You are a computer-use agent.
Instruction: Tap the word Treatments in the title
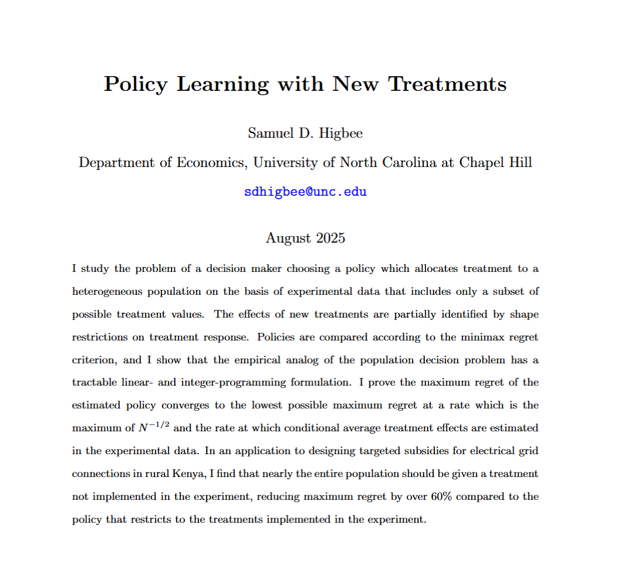pos(448,84)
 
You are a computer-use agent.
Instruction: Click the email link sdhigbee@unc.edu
pos(305,192)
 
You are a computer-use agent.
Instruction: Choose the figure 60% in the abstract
pos(449,496)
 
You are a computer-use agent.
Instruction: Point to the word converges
pos(186,406)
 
